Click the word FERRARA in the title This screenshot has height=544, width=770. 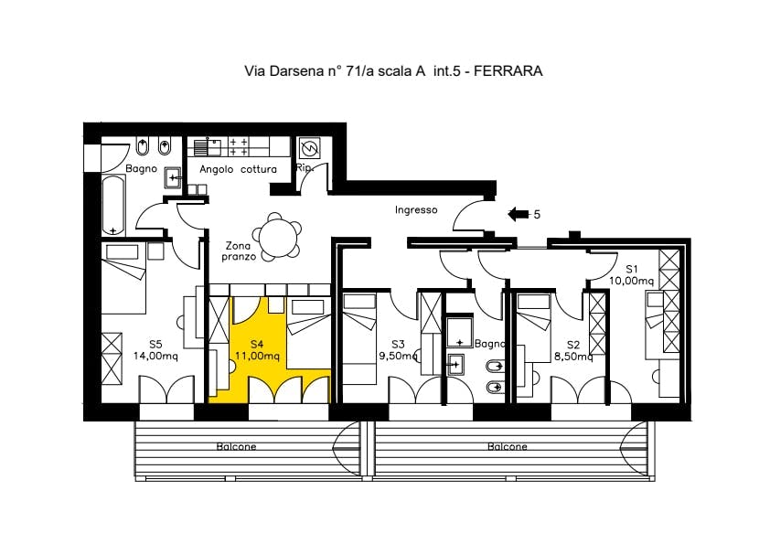pyautogui.click(x=508, y=71)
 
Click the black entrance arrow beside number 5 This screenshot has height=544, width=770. pyautogui.click(x=519, y=214)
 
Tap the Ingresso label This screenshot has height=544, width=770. pyautogui.click(x=416, y=210)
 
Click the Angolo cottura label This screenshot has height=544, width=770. pyautogui.click(x=238, y=169)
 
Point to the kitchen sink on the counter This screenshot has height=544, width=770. pyautogui.click(x=207, y=147)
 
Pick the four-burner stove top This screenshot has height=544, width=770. pyautogui.click(x=239, y=147)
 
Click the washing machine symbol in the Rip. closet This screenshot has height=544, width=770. pyautogui.click(x=310, y=148)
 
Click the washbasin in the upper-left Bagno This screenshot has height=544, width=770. pyautogui.click(x=172, y=177)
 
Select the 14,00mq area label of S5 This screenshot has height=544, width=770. pyautogui.click(x=155, y=356)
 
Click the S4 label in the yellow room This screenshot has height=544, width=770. pyautogui.click(x=257, y=344)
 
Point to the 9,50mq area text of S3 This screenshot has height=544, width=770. pyautogui.click(x=398, y=356)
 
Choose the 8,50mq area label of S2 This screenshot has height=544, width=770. pyautogui.click(x=573, y=357)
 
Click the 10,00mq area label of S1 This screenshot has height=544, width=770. pyautogui.click(x=632, y=282)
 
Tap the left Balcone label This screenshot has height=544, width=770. pyautogui.click(x=237, y=447)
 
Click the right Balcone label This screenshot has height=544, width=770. pyautogui.click(x=508, y=447)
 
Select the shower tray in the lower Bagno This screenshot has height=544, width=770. pyautogui.click(x=460, y=333)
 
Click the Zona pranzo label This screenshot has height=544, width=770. pyautogui.click(x=238, y=251)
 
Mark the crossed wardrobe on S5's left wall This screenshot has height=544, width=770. pyautogui.click(x=112, y=359)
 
